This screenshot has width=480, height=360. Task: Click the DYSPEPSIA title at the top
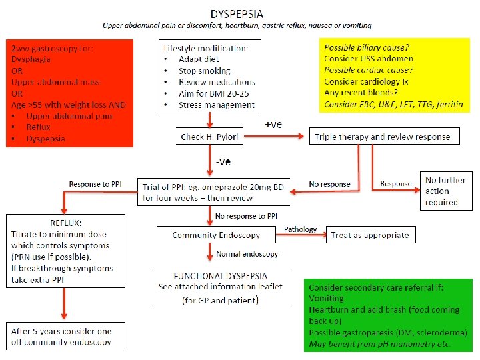click(237, 13)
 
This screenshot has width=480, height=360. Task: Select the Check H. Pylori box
click(210, 137)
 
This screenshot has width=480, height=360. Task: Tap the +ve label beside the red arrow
click(274, 124)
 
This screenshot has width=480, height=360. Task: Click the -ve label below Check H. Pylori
click(224, 161)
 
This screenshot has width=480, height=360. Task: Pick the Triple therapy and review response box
click(383, 137)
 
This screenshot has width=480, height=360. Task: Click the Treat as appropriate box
click(369, 235)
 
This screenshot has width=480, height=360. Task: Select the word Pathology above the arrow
click(301, 229)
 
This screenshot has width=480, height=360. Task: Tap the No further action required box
click(441, 192)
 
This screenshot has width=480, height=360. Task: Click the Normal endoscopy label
click(247, 254)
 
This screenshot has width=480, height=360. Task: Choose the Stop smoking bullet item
click(204, 71)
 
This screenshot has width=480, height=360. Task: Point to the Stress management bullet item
click(216, 105)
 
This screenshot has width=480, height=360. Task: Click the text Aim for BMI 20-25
click(217, 93)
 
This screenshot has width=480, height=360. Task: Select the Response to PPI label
click(95, 184)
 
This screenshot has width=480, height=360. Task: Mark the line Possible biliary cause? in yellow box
click(367, 48)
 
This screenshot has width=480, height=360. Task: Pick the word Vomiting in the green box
click(327, 299)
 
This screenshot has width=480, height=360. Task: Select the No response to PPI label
click(246, 216)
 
